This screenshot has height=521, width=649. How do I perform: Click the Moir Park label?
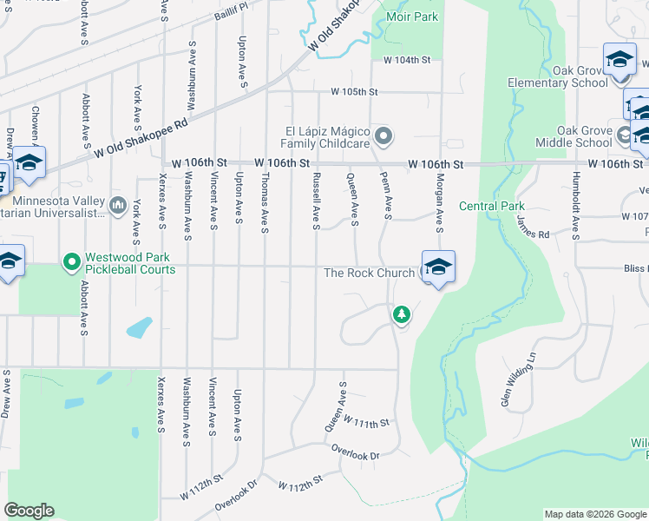(x=413, y=16)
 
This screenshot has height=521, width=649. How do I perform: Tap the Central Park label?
(x=492, y=207)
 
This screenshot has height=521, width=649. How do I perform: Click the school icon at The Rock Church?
(x=438, y=268)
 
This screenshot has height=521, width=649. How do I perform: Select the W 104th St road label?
(x=407, y=60)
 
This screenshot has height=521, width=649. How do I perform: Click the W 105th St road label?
(x=354, y=91)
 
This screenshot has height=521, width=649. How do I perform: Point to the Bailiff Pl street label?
(x=233, y=5)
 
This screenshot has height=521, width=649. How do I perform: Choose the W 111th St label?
(x=368, y=422)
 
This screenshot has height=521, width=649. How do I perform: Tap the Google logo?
(x=29, y=511)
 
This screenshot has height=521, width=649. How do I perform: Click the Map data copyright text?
(x=594, y=514)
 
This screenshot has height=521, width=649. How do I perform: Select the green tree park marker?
(x=401, y=313)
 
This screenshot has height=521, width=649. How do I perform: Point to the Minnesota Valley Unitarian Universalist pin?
(x=118, y=205)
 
